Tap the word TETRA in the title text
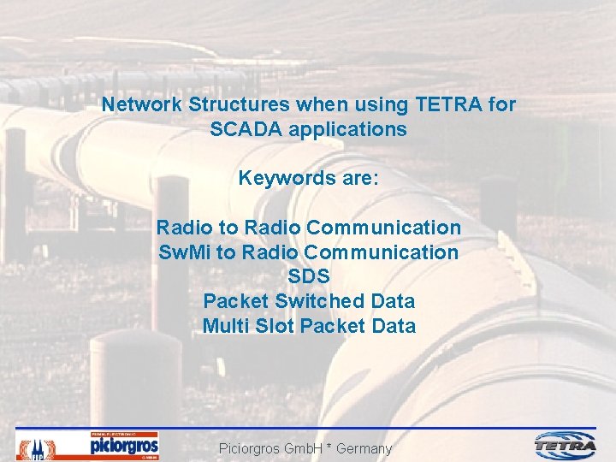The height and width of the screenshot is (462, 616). point(450,105)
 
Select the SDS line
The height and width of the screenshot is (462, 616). point(309,277)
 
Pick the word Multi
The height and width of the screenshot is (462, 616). point(223,326)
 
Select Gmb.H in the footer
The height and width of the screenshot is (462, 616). point(289,448)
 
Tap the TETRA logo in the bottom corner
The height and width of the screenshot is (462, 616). point(566,445)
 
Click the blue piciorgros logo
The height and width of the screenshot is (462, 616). point(124,446)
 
